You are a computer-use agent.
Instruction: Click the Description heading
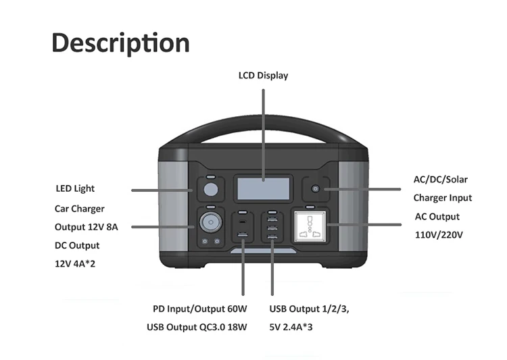120,43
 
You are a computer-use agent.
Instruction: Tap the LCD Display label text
263,76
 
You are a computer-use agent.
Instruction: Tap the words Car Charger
80,209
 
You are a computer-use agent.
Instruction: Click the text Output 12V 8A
87,227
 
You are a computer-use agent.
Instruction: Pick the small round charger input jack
314,189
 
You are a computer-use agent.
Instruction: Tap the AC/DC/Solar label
441,180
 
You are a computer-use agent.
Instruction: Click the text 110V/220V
438,236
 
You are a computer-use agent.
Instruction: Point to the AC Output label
437,217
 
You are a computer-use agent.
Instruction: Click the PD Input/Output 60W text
200,309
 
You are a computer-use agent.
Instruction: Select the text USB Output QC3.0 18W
197,328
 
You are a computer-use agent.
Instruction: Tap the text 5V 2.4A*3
294,328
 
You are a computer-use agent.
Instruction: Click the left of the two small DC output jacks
203,241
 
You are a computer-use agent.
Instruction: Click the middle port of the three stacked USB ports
272,228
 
